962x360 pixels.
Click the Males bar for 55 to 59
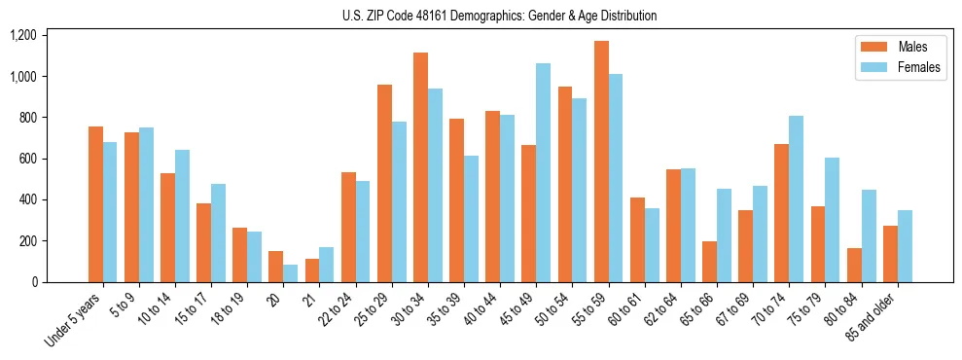click(x=602, y=162)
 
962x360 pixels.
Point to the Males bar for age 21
click(x=312, y=270)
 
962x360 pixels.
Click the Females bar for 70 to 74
click(x=797, y=199)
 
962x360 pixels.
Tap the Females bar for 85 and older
click(x=906, y=246)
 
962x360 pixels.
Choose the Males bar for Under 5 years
click(x=95, y=204)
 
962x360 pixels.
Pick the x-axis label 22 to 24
click(x=337, y=309)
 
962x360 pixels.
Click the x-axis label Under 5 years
click(x=77, y=319)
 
